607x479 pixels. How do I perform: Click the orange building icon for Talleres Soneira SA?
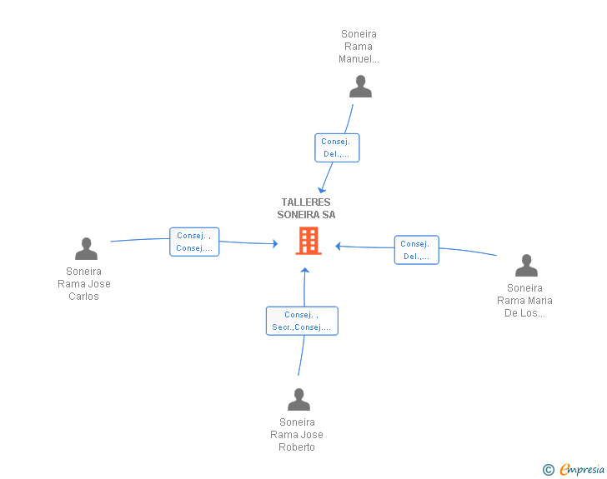tap(309, 241)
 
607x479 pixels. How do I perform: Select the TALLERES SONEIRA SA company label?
tap(306, 208)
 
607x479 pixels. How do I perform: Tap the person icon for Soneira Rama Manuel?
tap(360, 87)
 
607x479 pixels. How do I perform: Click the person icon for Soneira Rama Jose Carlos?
tap(86, 249)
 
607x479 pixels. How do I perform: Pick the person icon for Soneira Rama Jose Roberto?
tap(298, 400)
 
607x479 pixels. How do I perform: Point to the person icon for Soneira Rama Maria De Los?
tap(526, 266)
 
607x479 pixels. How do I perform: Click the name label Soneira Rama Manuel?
tap(359, 47)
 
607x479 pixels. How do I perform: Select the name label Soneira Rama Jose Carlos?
tap(84, 284)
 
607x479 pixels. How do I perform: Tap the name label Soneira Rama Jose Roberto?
tap(297, 435)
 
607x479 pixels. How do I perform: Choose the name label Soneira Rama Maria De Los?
tap(524, 301)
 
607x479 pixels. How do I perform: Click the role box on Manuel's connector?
tap(337, 147)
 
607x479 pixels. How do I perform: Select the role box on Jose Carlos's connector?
tap(194, 242)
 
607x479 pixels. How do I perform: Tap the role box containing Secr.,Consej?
tap(302, 321)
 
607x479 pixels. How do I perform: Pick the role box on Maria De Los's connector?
tap(416, 250)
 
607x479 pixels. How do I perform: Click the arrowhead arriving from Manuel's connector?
tap(322, 190)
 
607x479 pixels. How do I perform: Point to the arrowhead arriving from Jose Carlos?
tap(274, 243)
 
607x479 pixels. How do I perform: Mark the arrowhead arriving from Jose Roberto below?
tap(305, 272)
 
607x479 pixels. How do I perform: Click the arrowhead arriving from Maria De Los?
tap(339, 246)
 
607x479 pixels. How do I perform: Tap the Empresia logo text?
tap(582, 470)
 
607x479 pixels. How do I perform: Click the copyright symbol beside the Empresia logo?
tap(548, 470)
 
